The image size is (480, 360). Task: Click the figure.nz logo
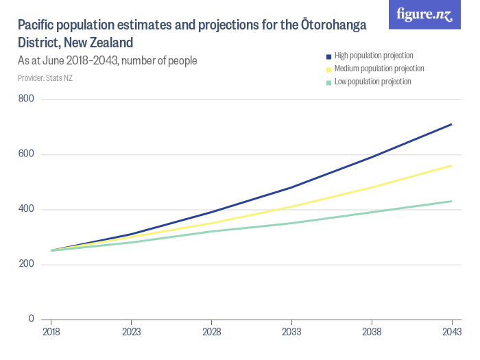pos(424,14)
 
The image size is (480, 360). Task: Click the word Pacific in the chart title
pos(39,26)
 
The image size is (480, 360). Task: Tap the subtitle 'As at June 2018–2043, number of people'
pos(108,61)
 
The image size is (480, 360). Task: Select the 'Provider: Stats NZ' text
pos(45,78)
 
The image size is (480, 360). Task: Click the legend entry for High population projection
pos(373,56)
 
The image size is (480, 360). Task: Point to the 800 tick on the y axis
pos(27,100)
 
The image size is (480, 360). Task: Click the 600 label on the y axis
pos(27,155)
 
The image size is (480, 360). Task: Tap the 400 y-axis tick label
pos(27,209)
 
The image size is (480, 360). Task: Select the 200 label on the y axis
pos(27,264)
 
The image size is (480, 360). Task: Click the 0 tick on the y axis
pos(32,319)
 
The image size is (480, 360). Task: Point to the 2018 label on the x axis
pos(51,331)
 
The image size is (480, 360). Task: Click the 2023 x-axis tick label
pos(131,331)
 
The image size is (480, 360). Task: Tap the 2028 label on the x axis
pos(211,331)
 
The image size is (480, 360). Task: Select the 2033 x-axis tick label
pos(291,331)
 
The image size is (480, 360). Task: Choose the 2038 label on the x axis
pos(372,331)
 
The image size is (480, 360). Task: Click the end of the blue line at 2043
pos(451,124)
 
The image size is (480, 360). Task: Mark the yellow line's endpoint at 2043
pos(451,165)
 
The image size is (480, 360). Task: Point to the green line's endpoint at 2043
pos(451,201)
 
